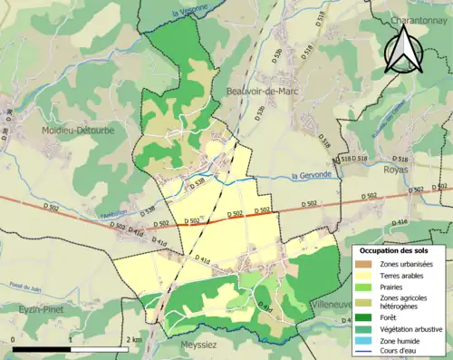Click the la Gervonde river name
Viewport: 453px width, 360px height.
(x=313, y=176)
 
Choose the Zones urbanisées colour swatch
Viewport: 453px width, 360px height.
(x=368, y=263)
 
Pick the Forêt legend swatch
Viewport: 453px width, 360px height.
(x=368, y=319)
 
